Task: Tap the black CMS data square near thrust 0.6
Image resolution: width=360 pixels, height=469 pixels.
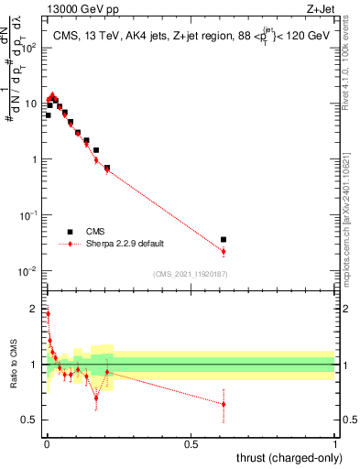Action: pos(224,239)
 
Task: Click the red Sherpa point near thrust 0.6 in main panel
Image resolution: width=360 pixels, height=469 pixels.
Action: pos(224,251)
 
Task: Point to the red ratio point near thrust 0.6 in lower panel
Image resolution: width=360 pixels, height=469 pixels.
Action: pos(224,404)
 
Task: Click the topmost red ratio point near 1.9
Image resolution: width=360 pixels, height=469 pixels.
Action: pos(48,313)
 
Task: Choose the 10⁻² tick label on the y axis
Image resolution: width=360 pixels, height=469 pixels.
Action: pos(29,271)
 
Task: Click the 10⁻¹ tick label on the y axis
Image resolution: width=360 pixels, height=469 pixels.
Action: pos(29,215)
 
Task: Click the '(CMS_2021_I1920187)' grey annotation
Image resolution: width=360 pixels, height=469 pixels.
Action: pos(190,273)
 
